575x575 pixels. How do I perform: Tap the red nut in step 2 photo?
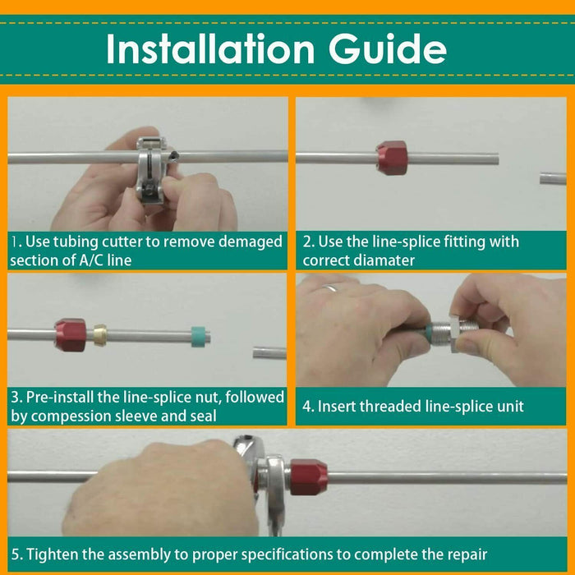click(392, 157)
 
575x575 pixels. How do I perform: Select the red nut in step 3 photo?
click(71, 334)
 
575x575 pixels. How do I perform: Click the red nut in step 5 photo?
click(308, 477)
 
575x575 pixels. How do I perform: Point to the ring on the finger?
click(329, 288)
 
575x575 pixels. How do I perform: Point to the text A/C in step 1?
click(86, 260)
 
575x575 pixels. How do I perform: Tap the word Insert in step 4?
click(337, 407)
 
